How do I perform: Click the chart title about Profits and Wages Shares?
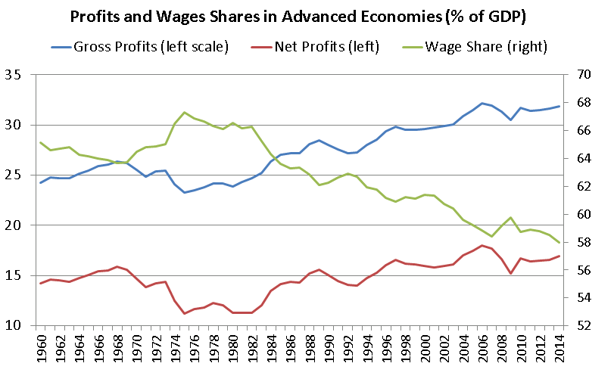pos(307,17)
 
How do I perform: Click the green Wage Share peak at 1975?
pos(185,112)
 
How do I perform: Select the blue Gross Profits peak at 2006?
pos(482,103)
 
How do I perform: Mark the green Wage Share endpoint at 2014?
pos(559,242)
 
